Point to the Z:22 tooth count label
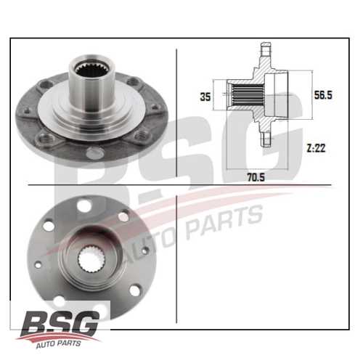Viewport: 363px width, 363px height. pos(317,147)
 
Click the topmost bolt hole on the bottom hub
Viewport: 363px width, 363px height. pos(86,207)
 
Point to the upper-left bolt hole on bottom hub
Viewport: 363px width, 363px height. pos(49,226)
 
